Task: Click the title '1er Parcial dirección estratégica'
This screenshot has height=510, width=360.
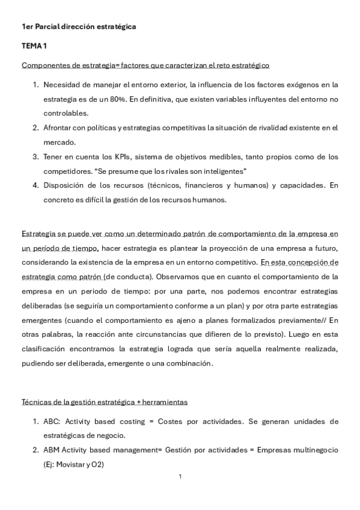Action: point(79,27)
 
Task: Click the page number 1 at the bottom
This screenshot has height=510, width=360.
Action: point(180,477)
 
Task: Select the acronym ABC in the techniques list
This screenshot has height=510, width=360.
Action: point(51,421)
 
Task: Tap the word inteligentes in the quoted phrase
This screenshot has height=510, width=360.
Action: point(217,171)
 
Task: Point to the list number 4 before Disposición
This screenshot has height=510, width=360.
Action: point(35,186)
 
